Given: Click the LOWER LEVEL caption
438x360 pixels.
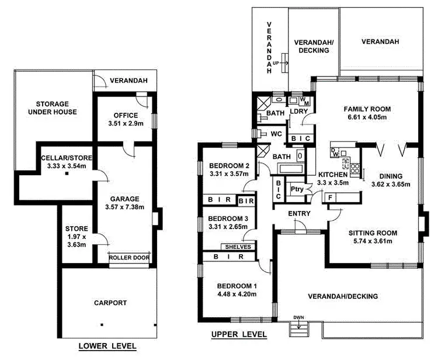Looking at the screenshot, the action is [107, 346].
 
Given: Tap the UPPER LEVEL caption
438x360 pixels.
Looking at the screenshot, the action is [239, 334].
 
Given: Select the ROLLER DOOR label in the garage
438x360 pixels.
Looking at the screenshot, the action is [129, 257].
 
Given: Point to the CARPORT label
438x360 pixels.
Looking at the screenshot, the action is [110, 303].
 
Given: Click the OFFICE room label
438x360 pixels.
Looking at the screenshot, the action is [126, 115].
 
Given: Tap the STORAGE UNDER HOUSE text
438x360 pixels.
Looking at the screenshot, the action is [56, 108].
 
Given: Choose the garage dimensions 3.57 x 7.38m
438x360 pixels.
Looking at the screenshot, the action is [123, 206].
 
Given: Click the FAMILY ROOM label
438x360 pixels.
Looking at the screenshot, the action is [367, 109].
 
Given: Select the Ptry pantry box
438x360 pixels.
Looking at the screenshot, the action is [297, 188].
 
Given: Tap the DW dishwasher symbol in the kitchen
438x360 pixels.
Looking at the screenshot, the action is [334, 153].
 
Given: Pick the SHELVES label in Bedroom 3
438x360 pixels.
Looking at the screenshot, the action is [237, 247].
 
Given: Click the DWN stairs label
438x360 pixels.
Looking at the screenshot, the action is [300, 318].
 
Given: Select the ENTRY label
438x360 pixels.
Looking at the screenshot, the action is [300, 213].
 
